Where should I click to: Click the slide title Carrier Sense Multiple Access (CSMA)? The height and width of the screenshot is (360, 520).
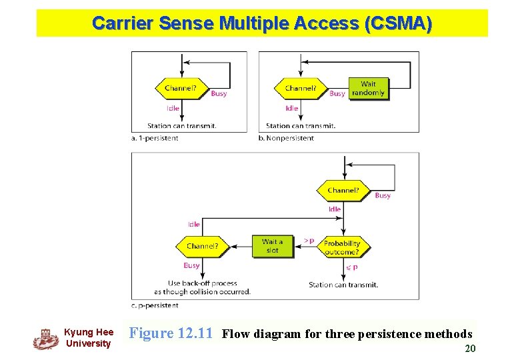click(x=261, y=23)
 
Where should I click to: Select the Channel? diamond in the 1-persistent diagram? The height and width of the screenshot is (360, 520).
click(x=180, y=88)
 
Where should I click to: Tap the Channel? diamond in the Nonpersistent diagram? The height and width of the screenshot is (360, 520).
click(x=301, y=88)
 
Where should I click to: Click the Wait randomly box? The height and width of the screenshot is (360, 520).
click(x=368, y=89)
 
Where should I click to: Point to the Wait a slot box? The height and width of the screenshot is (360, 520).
click(x=272, y=246)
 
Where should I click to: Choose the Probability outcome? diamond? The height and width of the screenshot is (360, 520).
click(x=342, y=247)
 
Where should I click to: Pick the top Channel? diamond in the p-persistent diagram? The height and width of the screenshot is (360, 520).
click(x=343, y=191)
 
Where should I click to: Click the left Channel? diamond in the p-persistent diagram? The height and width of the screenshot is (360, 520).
click(x=202, y=246)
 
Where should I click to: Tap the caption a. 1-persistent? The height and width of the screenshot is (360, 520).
click(x=155, y=138)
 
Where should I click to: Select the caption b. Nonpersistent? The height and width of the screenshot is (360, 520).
click(x=285, y=138)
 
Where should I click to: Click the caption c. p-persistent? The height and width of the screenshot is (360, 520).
click(x=155, y=305)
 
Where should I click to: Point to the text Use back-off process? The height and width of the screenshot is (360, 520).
click(x=202, y=283)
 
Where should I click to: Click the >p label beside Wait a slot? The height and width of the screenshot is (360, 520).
click(x=309, y=240)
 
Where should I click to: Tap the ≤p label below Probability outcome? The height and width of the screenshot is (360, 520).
click(x=351, y=267)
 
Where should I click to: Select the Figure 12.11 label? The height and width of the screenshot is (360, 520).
click(x=171, y=333)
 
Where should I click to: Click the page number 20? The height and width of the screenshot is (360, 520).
click(x=469, y=348)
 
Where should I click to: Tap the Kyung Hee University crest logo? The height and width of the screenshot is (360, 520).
click(x=46, y=338)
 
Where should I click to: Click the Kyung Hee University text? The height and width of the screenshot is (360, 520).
click(x=88, y=338)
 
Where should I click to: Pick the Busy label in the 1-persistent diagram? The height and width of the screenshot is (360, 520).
click(x=219, y=94)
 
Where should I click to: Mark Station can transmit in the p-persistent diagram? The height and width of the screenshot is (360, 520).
click(x=343, y=285)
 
